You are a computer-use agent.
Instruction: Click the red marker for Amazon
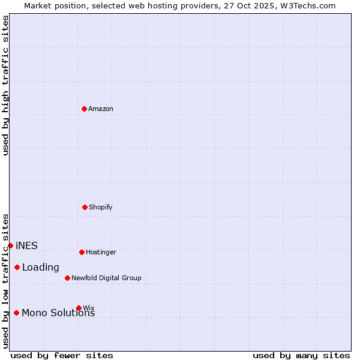coord(85,109)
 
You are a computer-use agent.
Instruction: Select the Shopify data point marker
coord(85,207)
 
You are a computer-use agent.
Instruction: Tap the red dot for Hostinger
coord(82,252)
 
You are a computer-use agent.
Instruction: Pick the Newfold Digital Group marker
coord(67,278)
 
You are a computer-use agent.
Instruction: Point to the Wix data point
coord(79,308)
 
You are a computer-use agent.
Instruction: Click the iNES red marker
coord(10,245)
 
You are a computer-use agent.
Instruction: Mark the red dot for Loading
coord(17,267)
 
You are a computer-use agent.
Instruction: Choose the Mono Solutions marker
coord(16,313)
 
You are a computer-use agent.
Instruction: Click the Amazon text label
coord(101,109)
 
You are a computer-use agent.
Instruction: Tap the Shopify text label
coord(101,208)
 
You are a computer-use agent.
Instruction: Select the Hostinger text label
coord(101,253)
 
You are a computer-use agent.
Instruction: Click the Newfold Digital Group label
coord(106,278)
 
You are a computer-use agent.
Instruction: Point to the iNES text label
coord(26,246)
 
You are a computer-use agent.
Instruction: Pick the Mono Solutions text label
coord(58,313)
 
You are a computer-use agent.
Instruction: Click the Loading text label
coord(41,268)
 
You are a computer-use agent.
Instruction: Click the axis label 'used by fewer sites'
coord(62,356)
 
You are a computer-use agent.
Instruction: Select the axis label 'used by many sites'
coord(301,356)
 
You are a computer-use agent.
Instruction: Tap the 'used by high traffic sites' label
coord(5,85)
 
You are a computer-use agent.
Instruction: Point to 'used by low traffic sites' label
coord(5,281)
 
